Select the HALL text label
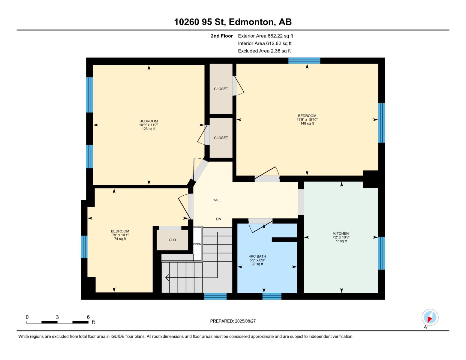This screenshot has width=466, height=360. coord(217,200)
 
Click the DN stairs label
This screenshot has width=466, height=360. coord(219,219)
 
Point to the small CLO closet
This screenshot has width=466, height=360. coord(172,240)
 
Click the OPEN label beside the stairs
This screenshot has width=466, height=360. coord(197,244)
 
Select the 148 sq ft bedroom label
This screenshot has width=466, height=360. coord(307,119)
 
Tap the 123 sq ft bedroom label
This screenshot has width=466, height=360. coord(149,125)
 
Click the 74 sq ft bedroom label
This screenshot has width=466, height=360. coord(120,235)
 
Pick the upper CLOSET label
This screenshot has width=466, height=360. coord(221,89)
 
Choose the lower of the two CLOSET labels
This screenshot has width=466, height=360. coord(221,138)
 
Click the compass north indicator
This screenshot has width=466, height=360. coord(430,318)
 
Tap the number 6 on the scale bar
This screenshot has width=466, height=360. coord(88,317)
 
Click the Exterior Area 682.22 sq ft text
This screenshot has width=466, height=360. coord(265,36)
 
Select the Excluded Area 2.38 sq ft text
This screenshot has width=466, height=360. coord(264,51)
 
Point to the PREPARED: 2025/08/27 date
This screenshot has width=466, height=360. coord(233,321)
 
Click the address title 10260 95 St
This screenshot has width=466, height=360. coord(233,22)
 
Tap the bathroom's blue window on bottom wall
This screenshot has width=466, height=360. coord(272,296)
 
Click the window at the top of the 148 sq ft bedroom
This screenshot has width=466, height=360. coord(304,61)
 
